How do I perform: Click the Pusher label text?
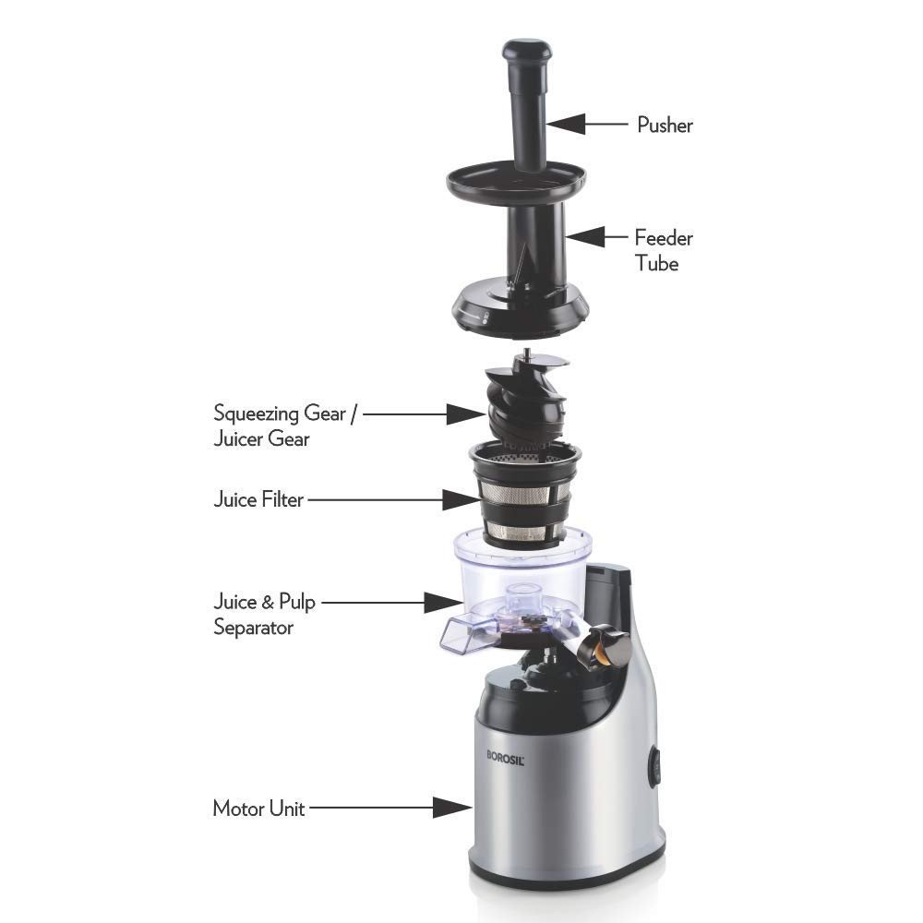[665, 125]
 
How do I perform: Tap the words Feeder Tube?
[664, 250]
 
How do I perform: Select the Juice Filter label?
[258, 499]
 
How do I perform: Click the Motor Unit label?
[258, 809]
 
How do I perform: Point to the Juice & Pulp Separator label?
[264, 614]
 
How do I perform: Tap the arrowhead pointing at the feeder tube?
[585, 236]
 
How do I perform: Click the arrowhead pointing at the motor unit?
[452, 807]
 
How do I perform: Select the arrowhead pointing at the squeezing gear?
[466, 414]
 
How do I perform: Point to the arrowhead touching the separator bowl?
[444, 602]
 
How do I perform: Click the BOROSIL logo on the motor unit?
[505, 757]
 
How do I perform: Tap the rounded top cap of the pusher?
[527, 50]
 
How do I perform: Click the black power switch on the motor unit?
[654, 766]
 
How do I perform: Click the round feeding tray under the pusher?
[517, 181]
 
